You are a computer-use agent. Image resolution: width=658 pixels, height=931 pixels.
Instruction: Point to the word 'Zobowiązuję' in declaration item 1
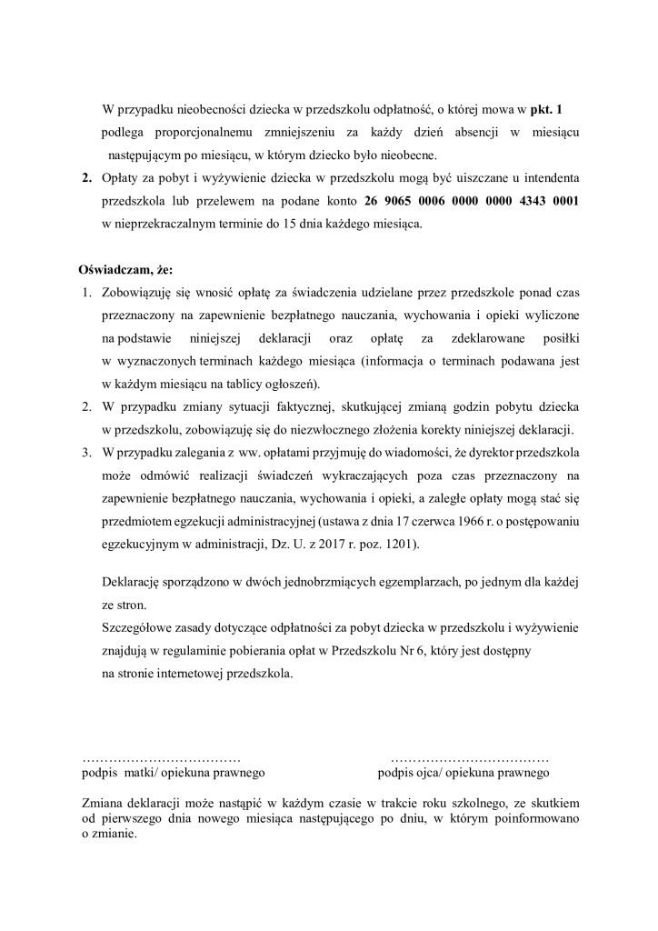[139, 294]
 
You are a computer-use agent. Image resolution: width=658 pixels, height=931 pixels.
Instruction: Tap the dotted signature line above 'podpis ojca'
[469, 756]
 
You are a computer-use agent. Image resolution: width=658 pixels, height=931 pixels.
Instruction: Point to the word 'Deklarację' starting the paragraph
[135, 580]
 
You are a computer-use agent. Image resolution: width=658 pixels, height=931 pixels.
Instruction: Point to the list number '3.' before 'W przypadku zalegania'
[87, 452]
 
